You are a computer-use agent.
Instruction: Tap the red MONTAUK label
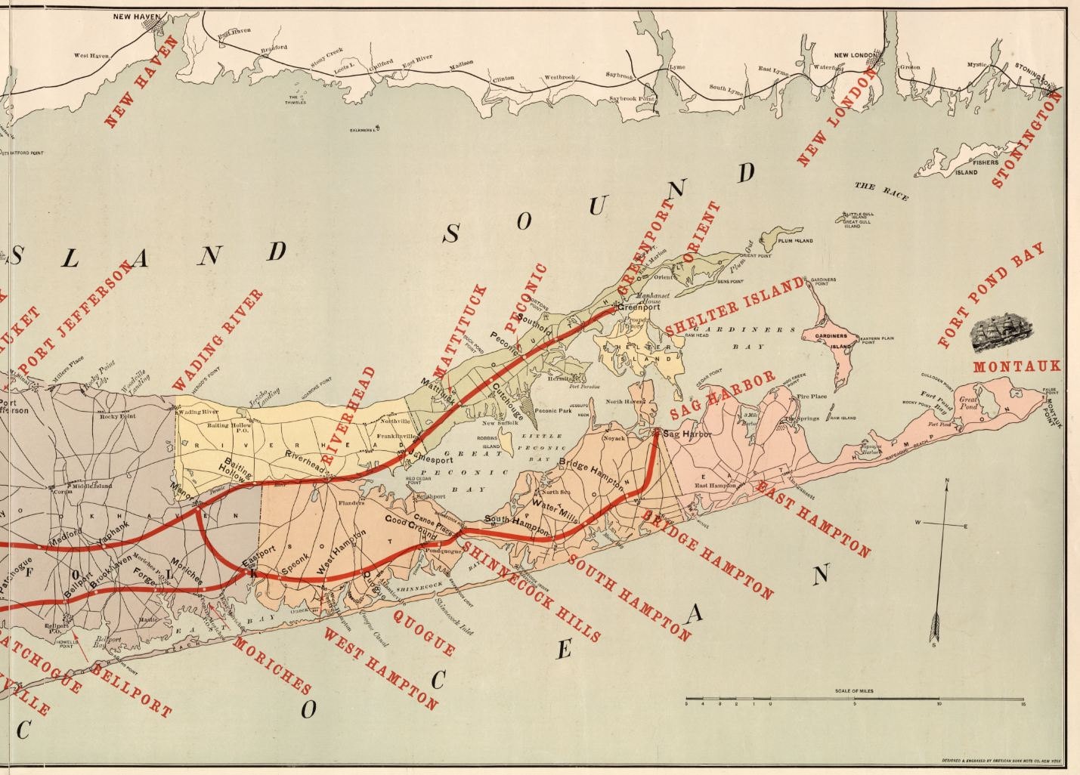pos(1017,367)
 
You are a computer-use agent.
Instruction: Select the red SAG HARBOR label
pos(722,396)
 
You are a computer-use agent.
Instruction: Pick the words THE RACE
pos(881,190)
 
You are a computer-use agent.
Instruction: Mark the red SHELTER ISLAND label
pos(734,307)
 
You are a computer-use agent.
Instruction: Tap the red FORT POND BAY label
pos(990,295)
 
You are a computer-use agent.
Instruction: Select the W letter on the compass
pos(918,523)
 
